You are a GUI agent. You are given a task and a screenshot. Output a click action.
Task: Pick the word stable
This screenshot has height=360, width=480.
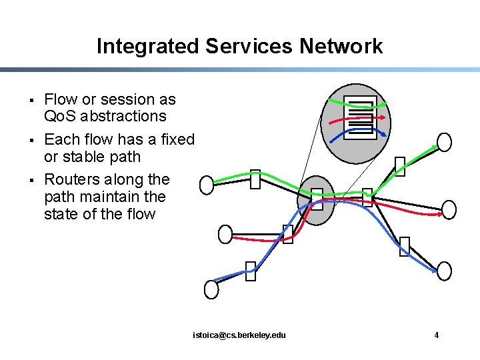click(92, 157)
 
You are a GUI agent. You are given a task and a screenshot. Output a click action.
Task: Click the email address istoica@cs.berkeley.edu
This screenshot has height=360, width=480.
click(239, 335)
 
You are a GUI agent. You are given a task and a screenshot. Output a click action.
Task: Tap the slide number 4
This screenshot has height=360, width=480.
click(437, 335)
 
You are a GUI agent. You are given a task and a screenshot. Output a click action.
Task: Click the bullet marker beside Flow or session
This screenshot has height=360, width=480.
click(33, 101)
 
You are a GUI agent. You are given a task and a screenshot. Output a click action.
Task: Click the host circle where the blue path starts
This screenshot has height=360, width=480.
click(211, 289)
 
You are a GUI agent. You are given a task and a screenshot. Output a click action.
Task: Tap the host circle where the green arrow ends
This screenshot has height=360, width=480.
click(444, 142)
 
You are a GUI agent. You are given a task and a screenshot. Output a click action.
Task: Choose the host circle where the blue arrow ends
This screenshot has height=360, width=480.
click(444, 271)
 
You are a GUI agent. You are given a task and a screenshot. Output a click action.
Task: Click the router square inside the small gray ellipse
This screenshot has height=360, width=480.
click(317, 199)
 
